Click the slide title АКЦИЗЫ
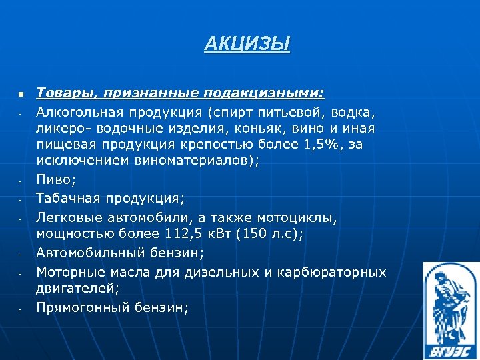(247, 45)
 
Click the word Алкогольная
(79, 109)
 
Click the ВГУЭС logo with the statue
(451, 310)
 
